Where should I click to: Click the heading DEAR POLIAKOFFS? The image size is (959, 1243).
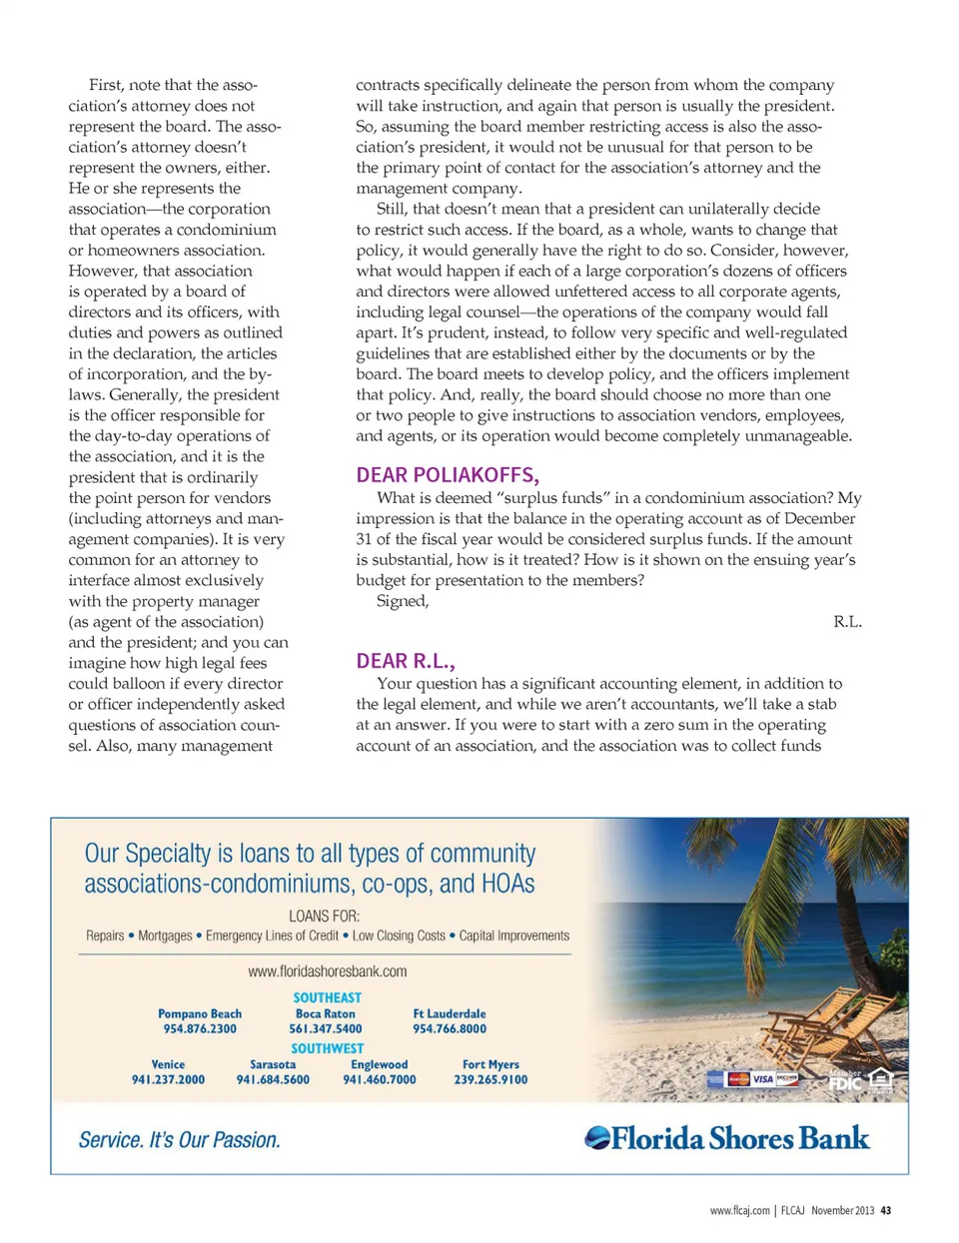pos(448,475)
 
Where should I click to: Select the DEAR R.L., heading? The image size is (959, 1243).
pos(406,661)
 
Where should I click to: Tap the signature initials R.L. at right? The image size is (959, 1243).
pos(847,621)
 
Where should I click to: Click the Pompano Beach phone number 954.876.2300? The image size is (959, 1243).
pos(200,1029)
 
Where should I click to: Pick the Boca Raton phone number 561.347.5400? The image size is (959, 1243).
pos(326,1029)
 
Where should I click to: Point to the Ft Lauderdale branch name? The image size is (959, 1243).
pos(450,1013)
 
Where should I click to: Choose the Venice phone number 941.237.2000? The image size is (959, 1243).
pos(168,1080)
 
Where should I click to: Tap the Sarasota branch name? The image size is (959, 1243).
pos(273,1064)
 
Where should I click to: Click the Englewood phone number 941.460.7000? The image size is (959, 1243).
pos(380,1080)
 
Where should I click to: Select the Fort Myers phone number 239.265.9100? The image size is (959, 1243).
pos(490,1080)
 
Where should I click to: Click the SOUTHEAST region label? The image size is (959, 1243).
pos(327,997)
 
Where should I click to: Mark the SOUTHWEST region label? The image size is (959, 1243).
pos(327,1048)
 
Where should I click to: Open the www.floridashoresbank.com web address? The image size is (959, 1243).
pos(327,971)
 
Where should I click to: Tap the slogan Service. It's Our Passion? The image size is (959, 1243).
pos(180,1140)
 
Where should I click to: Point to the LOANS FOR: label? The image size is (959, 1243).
pos(324,916)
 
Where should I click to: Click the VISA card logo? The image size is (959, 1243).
pos(763,1079)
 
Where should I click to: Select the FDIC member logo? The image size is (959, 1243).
pos(845,1081)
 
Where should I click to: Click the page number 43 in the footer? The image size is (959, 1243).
pos(886,1211)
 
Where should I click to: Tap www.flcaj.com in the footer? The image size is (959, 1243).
pos(739,1211)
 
